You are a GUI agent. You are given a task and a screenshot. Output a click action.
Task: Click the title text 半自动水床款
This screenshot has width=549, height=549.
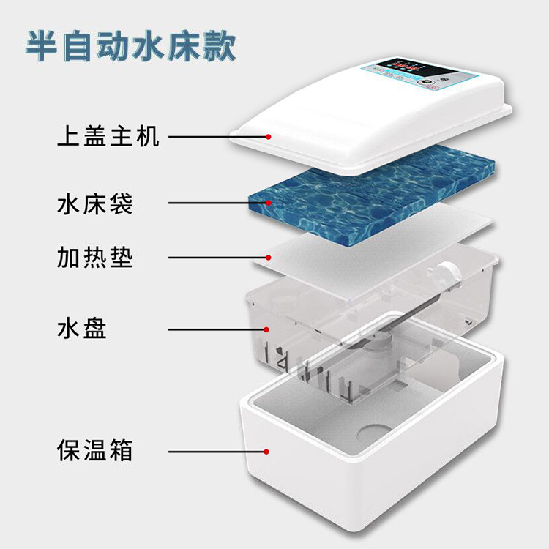click(x=132, y=47)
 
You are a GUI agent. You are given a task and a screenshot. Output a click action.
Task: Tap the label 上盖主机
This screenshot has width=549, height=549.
click(x=108, y=136)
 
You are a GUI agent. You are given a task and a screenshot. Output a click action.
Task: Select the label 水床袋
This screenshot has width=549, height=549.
click(x=94, y=203)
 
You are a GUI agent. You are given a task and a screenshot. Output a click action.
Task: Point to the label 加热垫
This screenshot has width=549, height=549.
click(x=94, y=257)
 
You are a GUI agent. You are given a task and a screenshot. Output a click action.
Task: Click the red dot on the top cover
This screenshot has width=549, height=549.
click(x=269, y=136)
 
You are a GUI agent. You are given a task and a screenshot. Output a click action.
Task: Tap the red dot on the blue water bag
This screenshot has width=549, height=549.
click(x=269, y=202)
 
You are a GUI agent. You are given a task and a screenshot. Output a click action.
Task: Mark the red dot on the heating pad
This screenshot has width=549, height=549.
click(x=269, y=257)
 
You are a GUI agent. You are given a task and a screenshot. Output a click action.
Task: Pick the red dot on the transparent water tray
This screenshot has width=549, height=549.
click(x=269, y=329)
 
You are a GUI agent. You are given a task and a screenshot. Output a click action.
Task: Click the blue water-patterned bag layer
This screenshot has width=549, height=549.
click(x=366, y=187)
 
